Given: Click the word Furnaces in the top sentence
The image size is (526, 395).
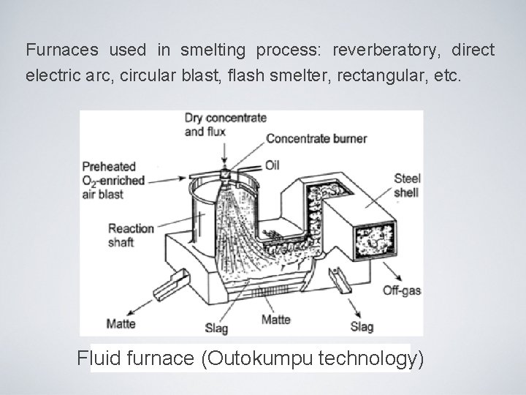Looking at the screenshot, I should point(61,51).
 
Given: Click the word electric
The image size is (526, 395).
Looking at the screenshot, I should point(56,75).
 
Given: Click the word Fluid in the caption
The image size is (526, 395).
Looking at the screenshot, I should point(102,360).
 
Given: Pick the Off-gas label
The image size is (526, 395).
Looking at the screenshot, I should point(402,290).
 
